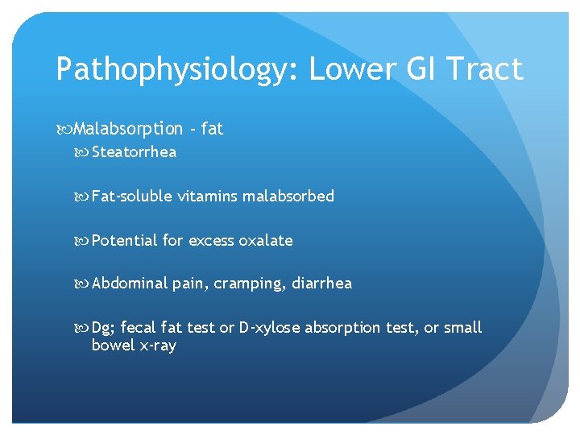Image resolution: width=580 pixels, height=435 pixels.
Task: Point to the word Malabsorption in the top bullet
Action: point(128,129)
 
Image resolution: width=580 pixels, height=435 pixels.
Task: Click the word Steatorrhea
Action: point(134,152)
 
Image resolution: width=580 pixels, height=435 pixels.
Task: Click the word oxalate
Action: point(268,240)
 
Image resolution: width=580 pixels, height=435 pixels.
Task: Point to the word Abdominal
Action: point(130,284)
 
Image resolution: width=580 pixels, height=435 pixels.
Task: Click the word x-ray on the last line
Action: point(156,346)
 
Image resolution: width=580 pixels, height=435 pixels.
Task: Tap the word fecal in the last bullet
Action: point(138,328)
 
